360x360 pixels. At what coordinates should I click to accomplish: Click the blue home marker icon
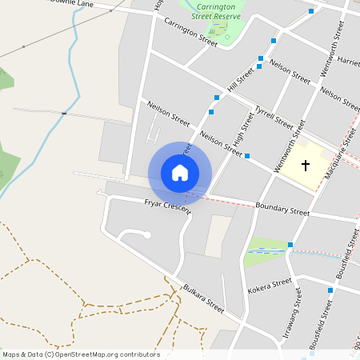[180, 173]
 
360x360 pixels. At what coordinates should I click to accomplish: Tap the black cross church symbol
[305, 166]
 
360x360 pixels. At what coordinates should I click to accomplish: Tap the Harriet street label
[349, 61]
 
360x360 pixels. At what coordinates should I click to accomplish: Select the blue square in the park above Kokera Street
[290, 245]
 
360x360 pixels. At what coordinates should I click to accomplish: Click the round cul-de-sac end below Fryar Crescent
[147, 234]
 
